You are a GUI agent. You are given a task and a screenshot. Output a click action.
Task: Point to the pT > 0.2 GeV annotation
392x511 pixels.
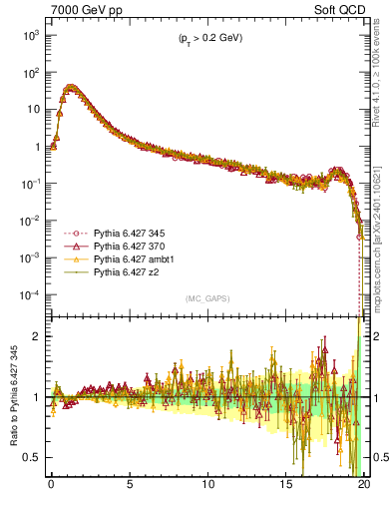tap(205, 38)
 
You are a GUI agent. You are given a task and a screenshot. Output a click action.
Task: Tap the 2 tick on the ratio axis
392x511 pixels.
tap(38, 336)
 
